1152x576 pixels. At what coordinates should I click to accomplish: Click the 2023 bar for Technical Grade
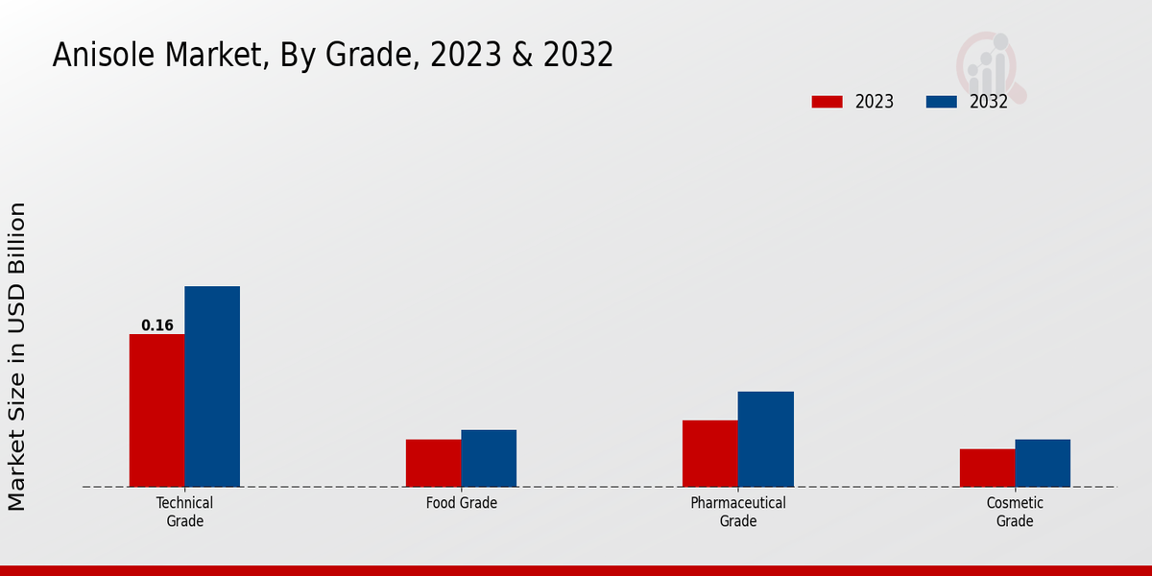tap(156, 410)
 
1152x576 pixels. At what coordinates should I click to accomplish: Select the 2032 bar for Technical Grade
tap(212, 386)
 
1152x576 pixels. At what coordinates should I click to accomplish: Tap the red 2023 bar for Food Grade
tap(433, 463)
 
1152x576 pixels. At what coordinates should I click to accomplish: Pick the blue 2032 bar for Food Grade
tap(489, 458)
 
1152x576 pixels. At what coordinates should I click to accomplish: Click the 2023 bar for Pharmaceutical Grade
tap(710, 453)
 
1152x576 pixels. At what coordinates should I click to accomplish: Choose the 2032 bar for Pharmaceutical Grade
tap(766, 439)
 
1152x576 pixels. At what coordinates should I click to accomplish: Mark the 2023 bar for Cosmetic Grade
tap(987, 468)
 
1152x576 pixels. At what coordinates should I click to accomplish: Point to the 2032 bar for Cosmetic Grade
tap(1043, 463)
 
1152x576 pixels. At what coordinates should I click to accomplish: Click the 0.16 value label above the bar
tap(157, 325)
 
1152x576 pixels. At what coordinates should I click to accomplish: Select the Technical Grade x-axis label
tap(184, 512)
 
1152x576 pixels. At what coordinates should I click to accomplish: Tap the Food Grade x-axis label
tap(462, 503)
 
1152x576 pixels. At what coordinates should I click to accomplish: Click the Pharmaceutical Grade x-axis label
tap(738, 512)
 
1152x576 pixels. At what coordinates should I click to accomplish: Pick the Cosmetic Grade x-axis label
tap(1015, 512)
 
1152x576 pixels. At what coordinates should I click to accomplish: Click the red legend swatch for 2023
tap(827, 102)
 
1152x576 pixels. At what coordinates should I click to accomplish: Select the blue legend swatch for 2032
tap(941, 102)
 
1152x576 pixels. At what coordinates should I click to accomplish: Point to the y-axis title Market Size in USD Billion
tap(17, 356)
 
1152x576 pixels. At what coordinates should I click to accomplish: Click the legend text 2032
tap(989, 102)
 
